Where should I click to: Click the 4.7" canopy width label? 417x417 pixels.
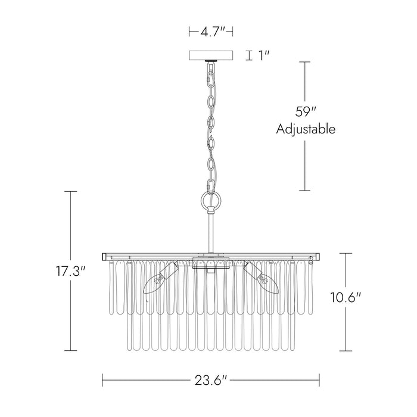tap(213, 32)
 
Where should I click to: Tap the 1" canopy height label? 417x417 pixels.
tap(264, 55)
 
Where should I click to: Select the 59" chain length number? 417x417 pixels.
tap(305, 112)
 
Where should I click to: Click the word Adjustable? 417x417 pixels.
tap(306, 129)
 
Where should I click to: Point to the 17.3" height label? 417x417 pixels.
tap(71, 271)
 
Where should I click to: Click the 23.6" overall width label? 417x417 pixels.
tap(211, 380)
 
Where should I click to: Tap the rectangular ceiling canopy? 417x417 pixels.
tap(211, 55)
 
